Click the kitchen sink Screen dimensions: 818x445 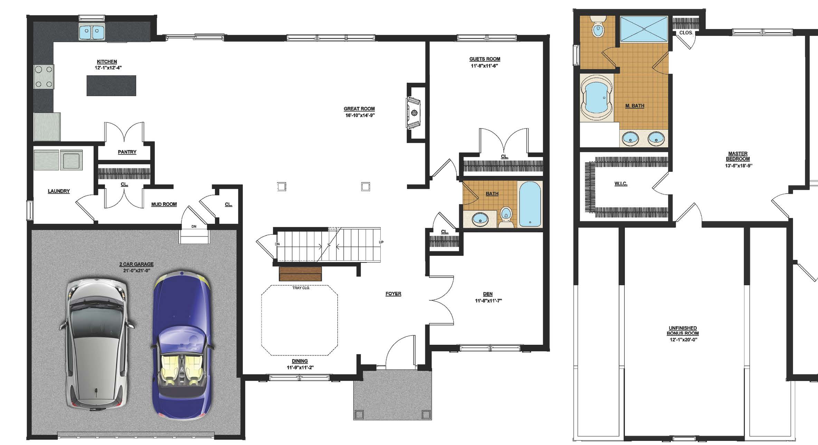click(92, 33)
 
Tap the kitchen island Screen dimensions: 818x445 click(111, 85)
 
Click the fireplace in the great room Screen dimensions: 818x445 click(413, 113)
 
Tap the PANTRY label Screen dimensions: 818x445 click(127, 152)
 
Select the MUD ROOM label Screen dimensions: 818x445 click(164, 204)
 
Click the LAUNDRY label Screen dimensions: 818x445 click(59, 191)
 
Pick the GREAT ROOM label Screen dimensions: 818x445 click(359, 109)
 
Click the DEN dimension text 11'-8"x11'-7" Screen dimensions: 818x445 click(488, 301)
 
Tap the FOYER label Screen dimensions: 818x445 click(393, 294)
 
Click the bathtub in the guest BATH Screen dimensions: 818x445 click(530, 204)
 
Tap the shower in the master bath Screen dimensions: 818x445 click(644, 29)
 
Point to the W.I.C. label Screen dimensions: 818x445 click(621, 184)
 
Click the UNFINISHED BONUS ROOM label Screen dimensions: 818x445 click(683, 331)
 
